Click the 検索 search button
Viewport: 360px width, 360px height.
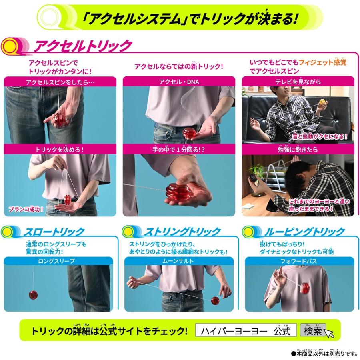point(312,331)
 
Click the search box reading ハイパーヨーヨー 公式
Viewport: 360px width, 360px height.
point(246,331)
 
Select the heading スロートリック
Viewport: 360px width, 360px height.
point(54,232)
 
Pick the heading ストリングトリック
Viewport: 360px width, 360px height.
point(182,232)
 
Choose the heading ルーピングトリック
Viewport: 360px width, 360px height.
point(304,232)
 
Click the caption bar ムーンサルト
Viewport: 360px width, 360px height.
point(178,261)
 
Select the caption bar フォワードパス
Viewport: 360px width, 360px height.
point(299,261)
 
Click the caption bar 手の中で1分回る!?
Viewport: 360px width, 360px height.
point(179,149)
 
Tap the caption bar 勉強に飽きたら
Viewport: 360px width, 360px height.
point(298,149)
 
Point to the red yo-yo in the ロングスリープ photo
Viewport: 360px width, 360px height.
point(33,295)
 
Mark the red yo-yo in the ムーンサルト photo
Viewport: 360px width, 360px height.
point(215,300)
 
